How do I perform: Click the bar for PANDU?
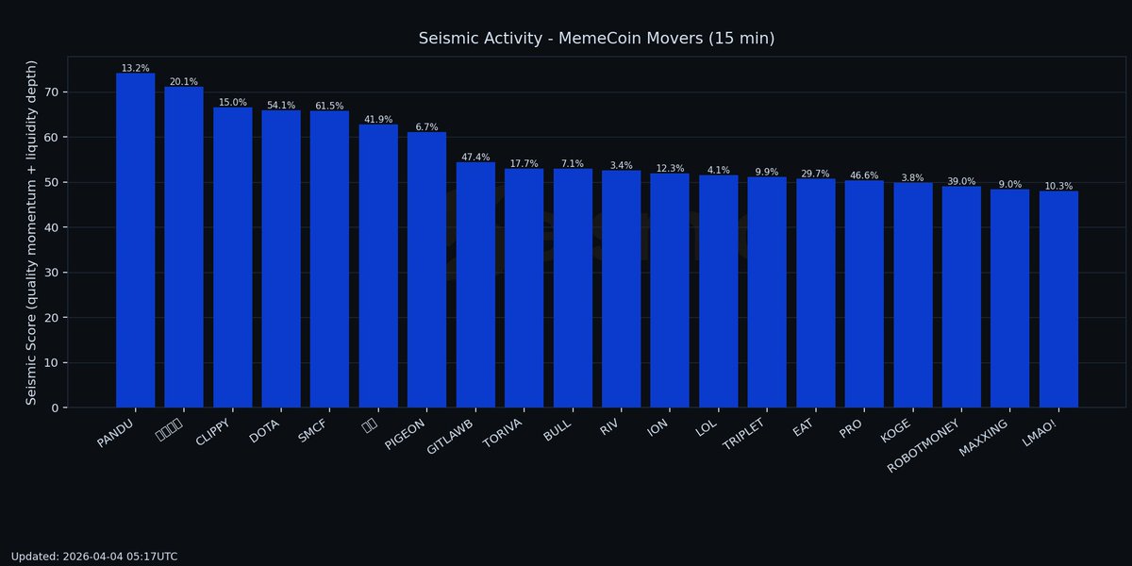tap(135, 241)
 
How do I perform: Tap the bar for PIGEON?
tap(426, 270)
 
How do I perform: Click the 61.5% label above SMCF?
tap(329, 107)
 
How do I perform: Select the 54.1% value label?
tap(281, 106)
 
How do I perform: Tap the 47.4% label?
tap(475, 158)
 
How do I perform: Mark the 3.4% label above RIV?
tap(621, 166)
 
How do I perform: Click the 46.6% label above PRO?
tap(864, 176)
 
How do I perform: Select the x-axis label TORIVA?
tap(503, 437)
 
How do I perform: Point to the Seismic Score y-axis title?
tap(32, 232)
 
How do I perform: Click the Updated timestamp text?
tap(94, 557)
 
